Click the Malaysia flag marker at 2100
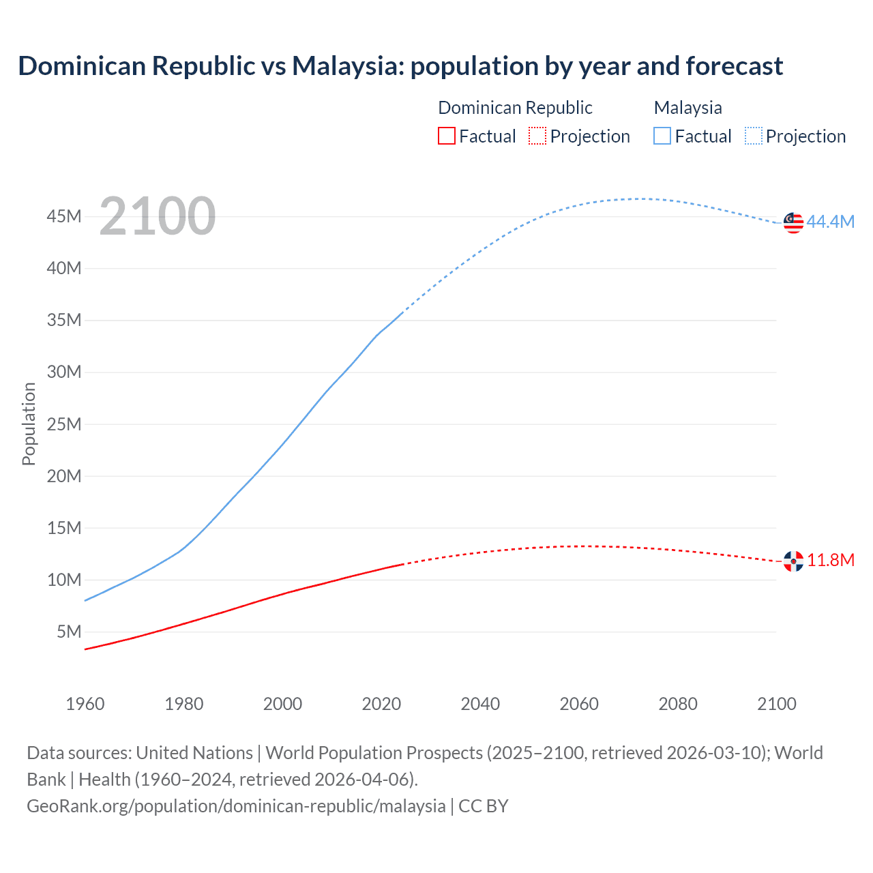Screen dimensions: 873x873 [x=793, y=222]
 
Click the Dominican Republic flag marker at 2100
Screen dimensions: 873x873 [x=793, y=561]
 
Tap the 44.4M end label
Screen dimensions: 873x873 [x=830, y=222]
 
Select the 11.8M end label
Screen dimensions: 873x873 [x=831, y=560]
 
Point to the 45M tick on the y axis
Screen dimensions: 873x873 [x=64, y=216]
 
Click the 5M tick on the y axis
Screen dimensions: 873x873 [x=69, y=632]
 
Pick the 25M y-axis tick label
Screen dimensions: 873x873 [x=64, y=424]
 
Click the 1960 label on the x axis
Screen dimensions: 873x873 [x=85, y=704]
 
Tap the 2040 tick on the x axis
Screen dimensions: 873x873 [x=480, y=704]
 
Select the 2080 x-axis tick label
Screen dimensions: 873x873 [x=678, y=704]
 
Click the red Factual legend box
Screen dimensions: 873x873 [x=447, y=136]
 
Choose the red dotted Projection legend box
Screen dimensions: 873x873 [x=537, y=136]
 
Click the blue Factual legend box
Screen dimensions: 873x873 [x=662, y=136]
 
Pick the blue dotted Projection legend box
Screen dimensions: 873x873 [x=753, y=136]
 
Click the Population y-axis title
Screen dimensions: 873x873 [x=29, y=424]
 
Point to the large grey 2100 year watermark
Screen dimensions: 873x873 [x=158, y=216]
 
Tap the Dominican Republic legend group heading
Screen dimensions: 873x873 [x=515, y=108]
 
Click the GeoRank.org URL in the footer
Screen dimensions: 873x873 [x=236, y=806]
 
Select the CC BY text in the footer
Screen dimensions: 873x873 [x=484, y=806]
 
